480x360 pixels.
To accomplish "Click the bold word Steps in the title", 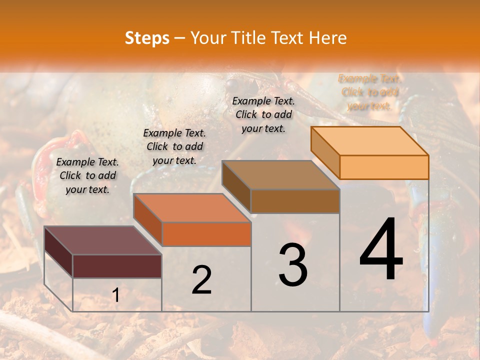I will coord(147,38).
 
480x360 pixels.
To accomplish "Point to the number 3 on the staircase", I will coord(293,264).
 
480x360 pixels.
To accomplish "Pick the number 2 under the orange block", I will coord(201,280).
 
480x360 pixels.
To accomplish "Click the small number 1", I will coord(115,295).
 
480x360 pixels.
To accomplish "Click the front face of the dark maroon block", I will coord(117,266).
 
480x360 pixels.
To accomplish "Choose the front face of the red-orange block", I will coord(206,234).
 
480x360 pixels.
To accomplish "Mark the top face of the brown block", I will coord(280,175).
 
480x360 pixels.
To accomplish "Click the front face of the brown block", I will coord(295,201).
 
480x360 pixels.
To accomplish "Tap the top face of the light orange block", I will coord(369,141).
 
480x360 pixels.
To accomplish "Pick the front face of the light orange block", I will coord(384,167).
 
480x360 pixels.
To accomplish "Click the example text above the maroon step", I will coord(87,175).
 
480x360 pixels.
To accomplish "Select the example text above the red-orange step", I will coord(174,146).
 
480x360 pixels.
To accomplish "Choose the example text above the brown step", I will coord(263,114).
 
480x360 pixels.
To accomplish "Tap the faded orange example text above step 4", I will coord(370,92).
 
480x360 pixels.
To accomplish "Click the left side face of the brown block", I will coord(236,186).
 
